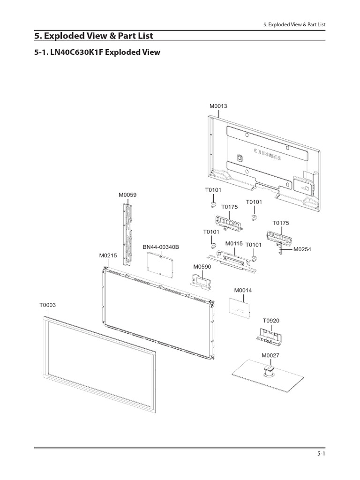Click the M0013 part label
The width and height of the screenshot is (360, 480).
(218, 106)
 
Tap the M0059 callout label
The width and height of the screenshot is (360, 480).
(127, 195)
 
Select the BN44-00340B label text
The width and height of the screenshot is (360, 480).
(161, 247)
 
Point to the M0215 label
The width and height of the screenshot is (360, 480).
(108, 255)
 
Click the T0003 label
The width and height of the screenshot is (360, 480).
(47, 305)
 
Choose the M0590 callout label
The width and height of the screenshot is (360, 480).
(202, 266)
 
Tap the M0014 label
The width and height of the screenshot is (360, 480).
(243, 290)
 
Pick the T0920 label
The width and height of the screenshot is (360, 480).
(271, 321)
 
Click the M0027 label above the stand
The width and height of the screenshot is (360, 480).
(270, 355)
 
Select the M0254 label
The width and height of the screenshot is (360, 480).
(302, 249)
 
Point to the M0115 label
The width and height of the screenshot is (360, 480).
(233, 243)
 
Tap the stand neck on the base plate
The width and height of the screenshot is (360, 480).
(269, 370)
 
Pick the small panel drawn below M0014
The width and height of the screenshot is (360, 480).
(239, 307)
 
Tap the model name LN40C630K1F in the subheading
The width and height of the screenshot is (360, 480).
(78, 52)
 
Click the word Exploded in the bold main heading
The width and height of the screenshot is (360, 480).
(64, 36)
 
